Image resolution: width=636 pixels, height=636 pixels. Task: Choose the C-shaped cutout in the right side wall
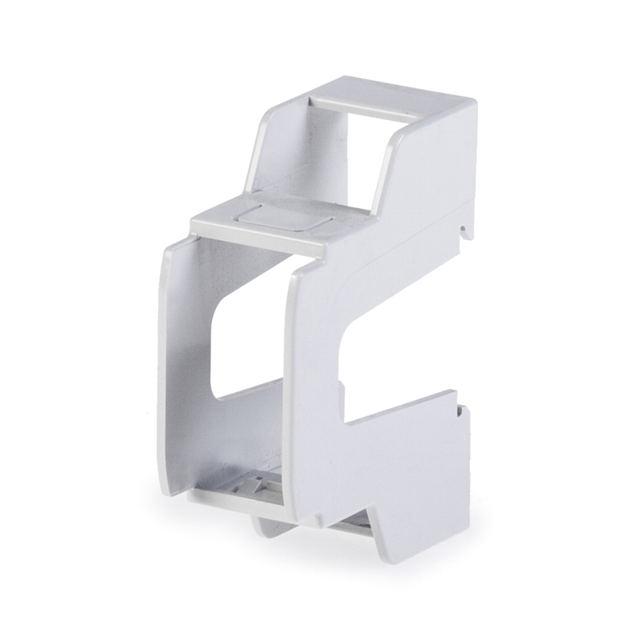[x=362, y=350]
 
